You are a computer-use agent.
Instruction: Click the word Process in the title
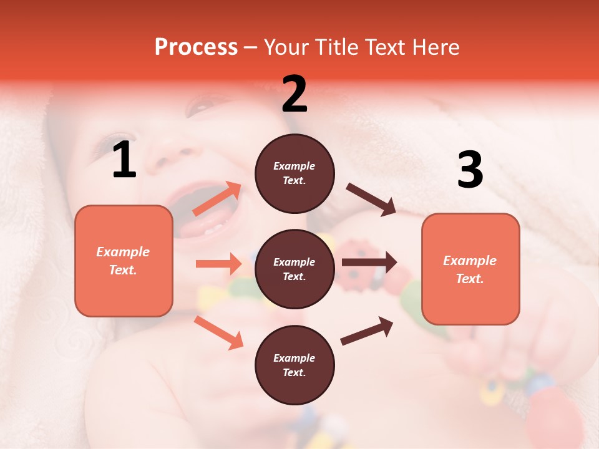click(x=196, y=47)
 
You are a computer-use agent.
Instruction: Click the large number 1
click(x=124, y=160)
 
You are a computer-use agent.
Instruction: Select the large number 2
click(x=295, y=94)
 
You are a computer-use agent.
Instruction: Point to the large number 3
click(x=470, y=170)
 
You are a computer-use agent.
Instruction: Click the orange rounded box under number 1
click(x=124, y=261)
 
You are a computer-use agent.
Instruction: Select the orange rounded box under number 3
click(x=470, y=269)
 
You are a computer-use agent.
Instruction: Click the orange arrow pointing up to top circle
click(x=218, y=199)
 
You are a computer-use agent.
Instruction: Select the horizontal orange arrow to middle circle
click(x=218, y=264)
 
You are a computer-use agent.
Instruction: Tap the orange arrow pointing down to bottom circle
click(x=218, y=332)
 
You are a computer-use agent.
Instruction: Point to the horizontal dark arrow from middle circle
click(x=369, y=263)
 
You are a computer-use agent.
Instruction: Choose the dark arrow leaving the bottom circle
click(x=367, y=331)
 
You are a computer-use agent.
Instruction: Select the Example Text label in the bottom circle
click(x=295, y=365)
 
